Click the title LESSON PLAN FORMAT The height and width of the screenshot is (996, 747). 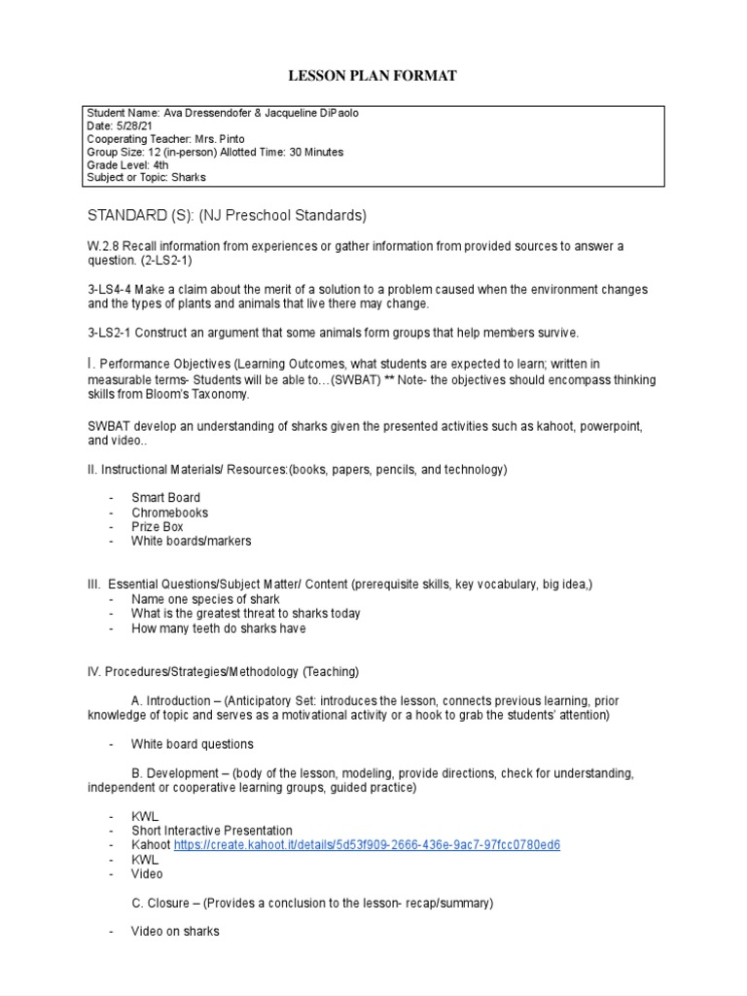[x=373, y=76]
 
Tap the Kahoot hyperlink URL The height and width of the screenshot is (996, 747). [x=367, y=845]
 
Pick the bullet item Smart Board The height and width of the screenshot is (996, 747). [x=165, y=498]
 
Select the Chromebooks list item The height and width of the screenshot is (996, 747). [x=169, y=513]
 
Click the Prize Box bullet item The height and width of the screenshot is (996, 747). [x=158, y=526]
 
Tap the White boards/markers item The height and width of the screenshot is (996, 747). [x=191, y=541]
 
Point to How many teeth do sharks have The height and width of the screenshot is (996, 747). [x=218, y=628]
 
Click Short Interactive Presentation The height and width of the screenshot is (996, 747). [x=211, y=831]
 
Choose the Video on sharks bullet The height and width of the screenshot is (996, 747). [x=175, y=932]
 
